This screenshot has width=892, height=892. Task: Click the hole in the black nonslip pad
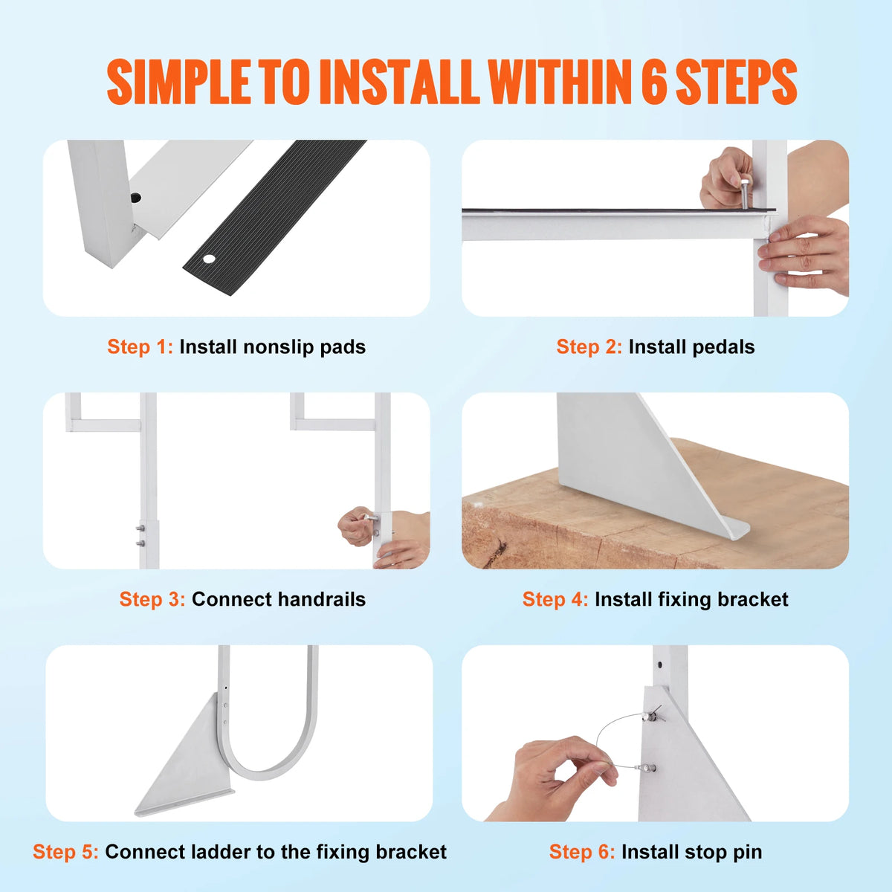(x=209, y=259)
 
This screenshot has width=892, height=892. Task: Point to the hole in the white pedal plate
(x=135, y=198)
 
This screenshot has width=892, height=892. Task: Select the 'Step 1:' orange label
(x=140, y=347)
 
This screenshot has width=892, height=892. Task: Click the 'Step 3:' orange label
(x=152, y=600)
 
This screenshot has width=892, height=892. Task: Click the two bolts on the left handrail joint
(x=139, y=536)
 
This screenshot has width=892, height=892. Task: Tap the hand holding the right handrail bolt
(x=357, y=526)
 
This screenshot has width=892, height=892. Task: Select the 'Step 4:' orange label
(x=555, y=600)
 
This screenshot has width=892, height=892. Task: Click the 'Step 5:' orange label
(x=65, y=853)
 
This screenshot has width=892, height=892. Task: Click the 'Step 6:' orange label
(x=582, y=853)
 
